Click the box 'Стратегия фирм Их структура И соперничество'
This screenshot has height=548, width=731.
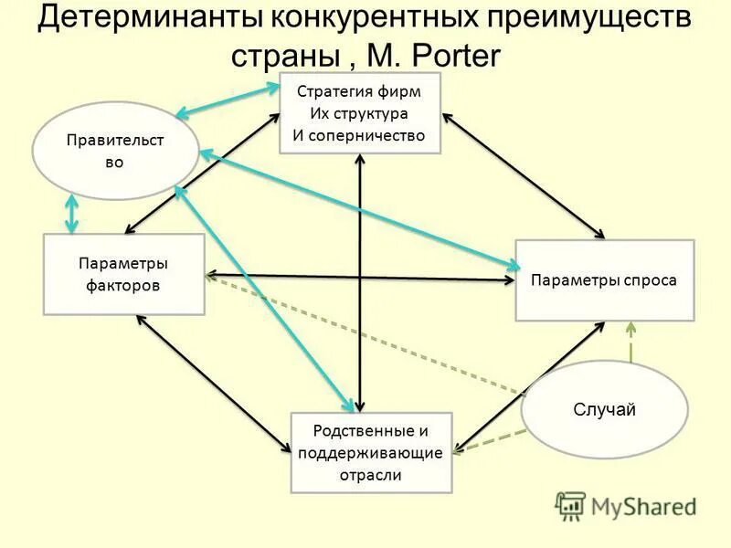359,113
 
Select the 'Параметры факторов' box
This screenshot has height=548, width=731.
124,274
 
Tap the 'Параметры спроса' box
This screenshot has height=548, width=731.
604,279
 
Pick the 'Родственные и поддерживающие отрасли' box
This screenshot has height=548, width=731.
370,453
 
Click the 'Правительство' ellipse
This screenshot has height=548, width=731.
115,151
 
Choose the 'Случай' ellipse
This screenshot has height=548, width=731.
604,409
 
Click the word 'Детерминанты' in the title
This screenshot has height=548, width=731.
156,19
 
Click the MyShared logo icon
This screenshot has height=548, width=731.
571,506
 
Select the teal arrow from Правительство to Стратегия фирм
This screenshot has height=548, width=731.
228,100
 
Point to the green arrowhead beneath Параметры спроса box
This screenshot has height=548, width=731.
630,328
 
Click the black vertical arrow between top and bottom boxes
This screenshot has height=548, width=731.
361,283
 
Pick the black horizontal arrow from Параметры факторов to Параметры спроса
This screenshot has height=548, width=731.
361,277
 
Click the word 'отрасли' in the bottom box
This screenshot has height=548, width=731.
370,475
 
